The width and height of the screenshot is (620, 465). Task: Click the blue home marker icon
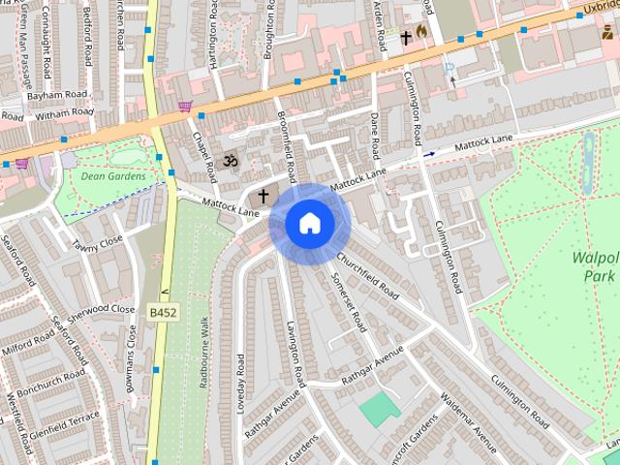(x=309, y=223)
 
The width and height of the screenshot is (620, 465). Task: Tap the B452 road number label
(x=163, y=313)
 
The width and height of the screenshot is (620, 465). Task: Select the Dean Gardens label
(x=113, y=176)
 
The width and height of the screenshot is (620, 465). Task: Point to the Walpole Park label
(x=594, y=266)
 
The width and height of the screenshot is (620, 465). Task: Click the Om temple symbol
(x=231, y=160)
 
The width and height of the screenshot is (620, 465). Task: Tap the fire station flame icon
(x=422, y=32)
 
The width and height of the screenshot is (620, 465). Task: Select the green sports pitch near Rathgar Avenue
(x=380, y=408)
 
